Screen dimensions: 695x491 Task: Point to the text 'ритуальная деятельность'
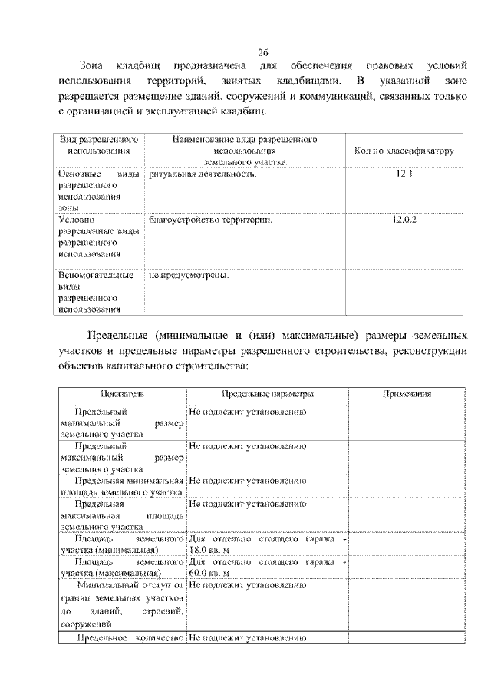[x=203, y=174]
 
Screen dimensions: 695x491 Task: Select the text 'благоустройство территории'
[x=211, y=220]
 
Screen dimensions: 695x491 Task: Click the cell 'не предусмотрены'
[x=189, y=274]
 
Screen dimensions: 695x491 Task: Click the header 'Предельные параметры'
[x=268, y=394]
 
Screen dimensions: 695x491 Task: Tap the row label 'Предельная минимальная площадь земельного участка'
[x=121, y=486]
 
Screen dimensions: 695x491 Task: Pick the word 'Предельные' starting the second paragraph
[x=117, y=337]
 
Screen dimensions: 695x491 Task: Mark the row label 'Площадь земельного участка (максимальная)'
[x=121, y=568]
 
